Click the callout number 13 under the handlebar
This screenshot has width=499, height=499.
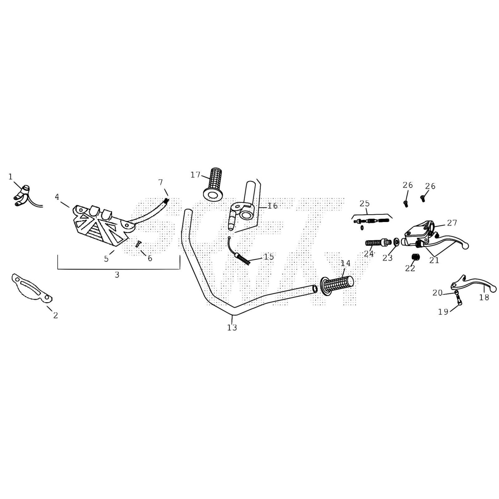click(232, 327)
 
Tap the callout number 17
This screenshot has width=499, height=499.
click(196, 175)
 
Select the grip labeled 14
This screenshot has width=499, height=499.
click(337, 285)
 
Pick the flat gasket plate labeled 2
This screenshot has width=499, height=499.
click(31, 288)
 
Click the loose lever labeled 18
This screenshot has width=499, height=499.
click(473, 283)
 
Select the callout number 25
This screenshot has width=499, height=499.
click(365, 204)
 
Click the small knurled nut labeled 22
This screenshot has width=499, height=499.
click(415, 256)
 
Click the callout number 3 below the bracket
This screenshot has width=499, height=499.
click(117, 275)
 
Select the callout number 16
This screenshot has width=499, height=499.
click(273, 206)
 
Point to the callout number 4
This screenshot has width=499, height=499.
click(57, 197)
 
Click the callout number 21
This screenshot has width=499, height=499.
click(434, 260)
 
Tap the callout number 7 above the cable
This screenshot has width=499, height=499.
click(161, 182)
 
